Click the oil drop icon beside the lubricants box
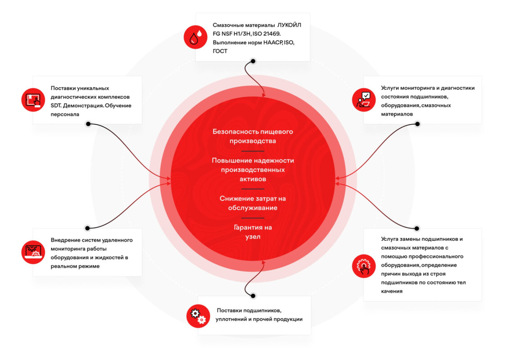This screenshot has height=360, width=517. (x=195, y=37)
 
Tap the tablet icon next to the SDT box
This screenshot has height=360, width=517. (x=33, y=100)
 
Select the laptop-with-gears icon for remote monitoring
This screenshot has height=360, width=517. (x=33, y=252)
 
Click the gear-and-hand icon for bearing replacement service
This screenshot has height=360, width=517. (x=364, y=266)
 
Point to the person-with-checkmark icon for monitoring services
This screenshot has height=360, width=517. (x=364, y=100)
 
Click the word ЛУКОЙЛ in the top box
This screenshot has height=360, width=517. (x=289, y=25)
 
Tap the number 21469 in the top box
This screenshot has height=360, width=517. (x=272, y=34)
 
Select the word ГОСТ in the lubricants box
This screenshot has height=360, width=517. (x=220, y=51)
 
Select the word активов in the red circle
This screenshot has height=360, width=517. (x=253, y=179)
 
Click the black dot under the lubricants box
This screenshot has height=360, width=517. (x=253, y=61)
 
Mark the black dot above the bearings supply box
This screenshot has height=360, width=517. (x=253, y=296)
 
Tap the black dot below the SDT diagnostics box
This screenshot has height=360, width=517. (x=88, y=124)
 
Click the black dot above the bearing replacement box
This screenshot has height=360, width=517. (x=417, y=228)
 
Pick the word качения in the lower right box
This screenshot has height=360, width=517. (x=392, y=291)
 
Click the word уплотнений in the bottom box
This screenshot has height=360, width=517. (x=231, y=319)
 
